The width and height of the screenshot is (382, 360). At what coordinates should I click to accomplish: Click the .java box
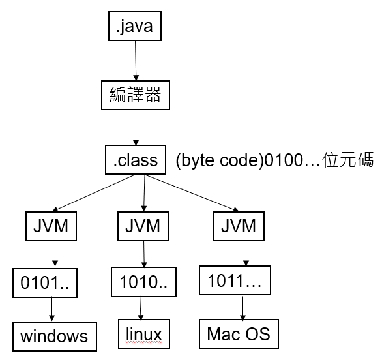point(135,26)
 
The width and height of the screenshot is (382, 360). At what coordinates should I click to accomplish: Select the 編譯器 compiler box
point(136,95)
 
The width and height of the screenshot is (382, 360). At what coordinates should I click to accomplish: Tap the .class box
point(136,160)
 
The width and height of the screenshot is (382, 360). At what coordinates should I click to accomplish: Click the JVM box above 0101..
point(51,226)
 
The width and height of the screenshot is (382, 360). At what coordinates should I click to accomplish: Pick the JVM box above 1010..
point(143,226)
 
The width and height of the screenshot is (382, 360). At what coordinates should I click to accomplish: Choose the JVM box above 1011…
point(239,226)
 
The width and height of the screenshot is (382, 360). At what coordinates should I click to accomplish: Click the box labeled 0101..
point(45,283)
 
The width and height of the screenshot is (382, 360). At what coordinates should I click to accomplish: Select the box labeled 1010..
point(143,282)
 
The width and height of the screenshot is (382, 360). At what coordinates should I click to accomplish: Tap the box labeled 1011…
point(235,280)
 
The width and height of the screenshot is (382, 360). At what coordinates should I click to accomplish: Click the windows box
point(55,337)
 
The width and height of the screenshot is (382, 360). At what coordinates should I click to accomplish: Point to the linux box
point(144,334)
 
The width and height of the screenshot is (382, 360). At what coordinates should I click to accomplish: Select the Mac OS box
point(239,334)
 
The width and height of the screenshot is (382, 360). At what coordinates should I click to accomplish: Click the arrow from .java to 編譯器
point(136,61)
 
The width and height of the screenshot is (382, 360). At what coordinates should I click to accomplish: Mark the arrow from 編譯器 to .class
point(136,127)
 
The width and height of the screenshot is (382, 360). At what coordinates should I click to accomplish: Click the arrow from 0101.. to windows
point(51,309)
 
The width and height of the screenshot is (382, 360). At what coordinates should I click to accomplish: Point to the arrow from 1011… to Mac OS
point(242,308)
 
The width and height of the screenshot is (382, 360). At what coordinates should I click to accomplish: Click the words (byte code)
point(220,161)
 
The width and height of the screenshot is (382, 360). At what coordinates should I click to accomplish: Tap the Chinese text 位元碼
point(348,160)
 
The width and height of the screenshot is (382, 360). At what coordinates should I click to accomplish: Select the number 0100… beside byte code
point(292,161)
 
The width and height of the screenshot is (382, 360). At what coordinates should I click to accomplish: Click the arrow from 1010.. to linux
point(140,308)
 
